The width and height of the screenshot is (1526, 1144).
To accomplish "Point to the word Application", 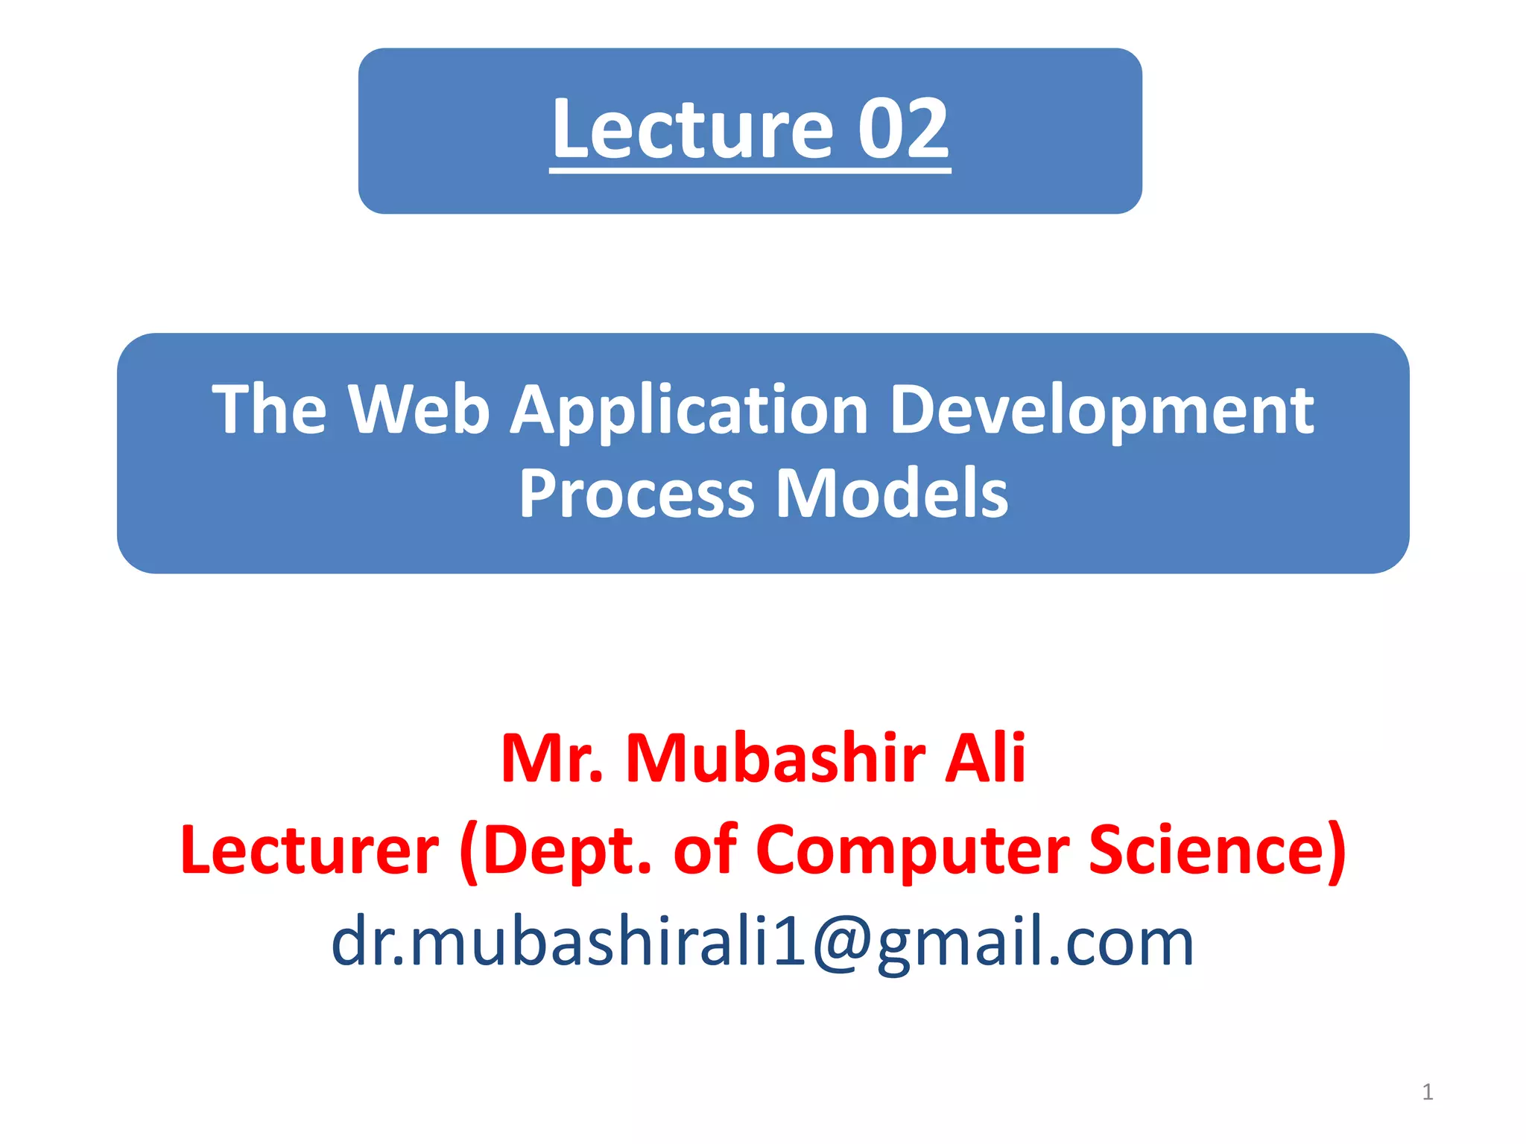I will click(690, 411).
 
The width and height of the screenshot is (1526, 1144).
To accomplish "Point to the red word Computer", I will click(912, 851).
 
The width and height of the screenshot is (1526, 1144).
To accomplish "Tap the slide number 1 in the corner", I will click(1427, 1092).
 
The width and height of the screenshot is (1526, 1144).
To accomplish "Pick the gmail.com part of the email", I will click(1035, 943).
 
